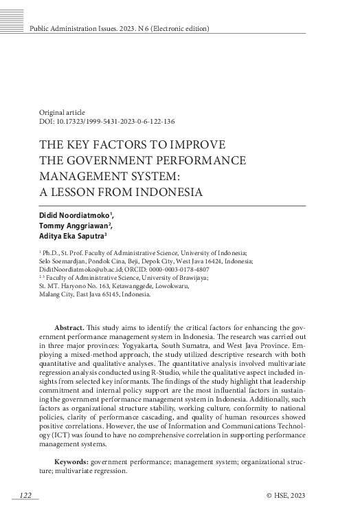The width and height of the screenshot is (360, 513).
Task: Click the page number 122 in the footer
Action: pos(25,496)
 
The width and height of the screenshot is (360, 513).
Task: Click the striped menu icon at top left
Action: pos(12,8)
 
